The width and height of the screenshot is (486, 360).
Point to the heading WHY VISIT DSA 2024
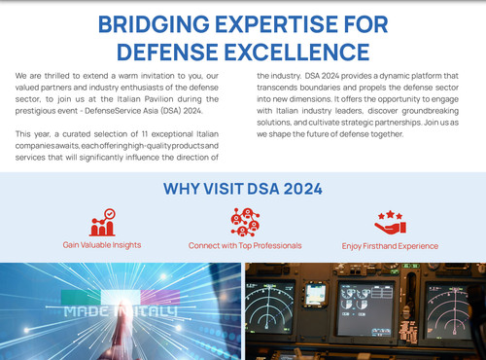click(242, 189)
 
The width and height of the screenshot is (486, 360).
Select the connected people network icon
click(244, 223)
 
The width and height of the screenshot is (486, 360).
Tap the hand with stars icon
click(389, 223)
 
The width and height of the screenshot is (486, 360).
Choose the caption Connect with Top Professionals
click(245, 246)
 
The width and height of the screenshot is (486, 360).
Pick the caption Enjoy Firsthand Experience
click(389, 246)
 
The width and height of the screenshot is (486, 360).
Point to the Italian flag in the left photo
click(107, 296)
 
